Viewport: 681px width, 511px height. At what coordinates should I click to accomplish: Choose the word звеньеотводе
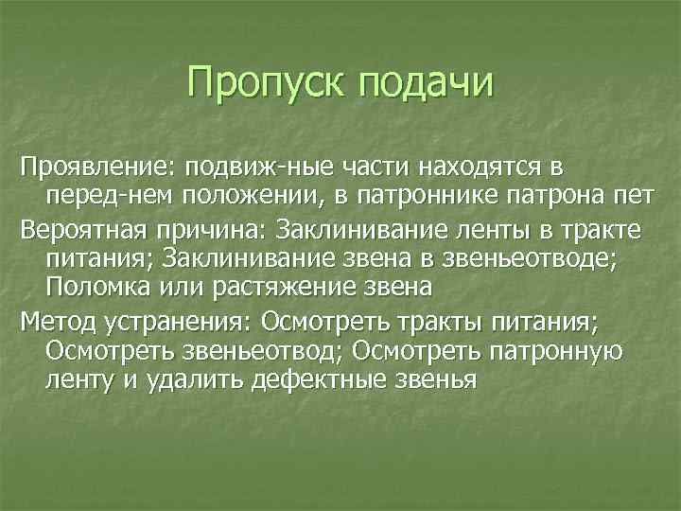point(559,258)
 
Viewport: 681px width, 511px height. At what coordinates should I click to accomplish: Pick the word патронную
point(565,350)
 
